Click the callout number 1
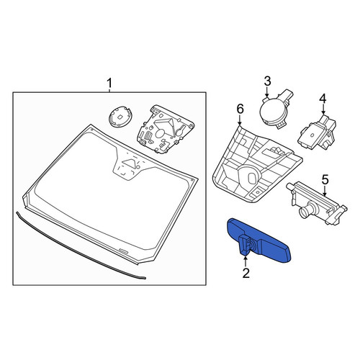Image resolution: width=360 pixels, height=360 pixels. [x=109, y=84]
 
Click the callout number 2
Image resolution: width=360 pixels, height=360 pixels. [x=246, y=273]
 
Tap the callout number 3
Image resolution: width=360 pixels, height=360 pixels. [x=267, y=81]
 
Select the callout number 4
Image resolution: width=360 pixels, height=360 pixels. [x=323, y=99]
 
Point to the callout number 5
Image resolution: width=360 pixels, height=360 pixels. [x=325, y=180]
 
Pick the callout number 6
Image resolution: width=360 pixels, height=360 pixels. [x=240, y=109]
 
